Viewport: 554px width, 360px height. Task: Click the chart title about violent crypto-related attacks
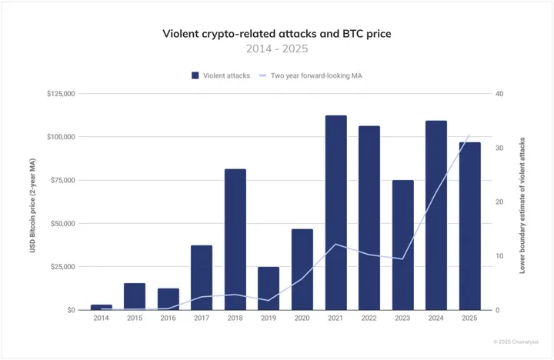(x=276, y=34)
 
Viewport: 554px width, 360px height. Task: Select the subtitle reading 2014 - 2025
(x=276, y=48)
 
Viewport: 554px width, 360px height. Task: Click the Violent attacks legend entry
(x=221, y=75)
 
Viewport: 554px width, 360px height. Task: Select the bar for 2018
(x=235, y=239)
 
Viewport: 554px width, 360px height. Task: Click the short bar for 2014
(x=101, y=307)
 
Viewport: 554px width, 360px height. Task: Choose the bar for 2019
(x=269, y=288)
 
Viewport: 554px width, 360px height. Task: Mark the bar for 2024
(x=436, y=215)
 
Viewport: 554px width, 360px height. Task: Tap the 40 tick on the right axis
(x=499, y=94)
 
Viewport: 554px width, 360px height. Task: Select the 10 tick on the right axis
(x=499, y=256)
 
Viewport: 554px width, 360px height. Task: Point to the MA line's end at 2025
(x=469, y=135)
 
